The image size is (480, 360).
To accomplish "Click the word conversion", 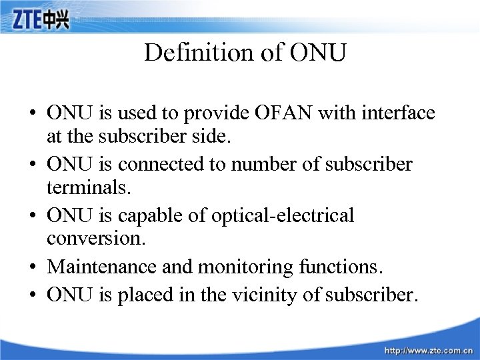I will pyautogui.click(x=87, y=241).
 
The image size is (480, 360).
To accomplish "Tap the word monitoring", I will pyautogui.click(x=236, y=267).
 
